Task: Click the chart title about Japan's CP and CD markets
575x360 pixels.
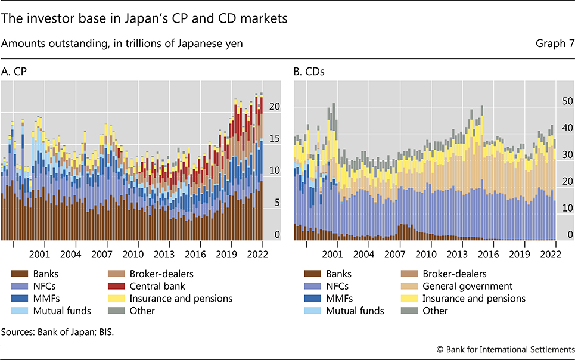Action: [145, 18]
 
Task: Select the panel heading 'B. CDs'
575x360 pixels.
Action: [307, 72]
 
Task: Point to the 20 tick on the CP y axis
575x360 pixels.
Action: [275, 106]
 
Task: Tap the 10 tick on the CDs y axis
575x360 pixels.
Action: [567, 208]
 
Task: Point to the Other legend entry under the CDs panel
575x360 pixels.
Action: [436, 311]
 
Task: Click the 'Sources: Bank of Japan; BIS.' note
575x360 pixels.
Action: [55, 328]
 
